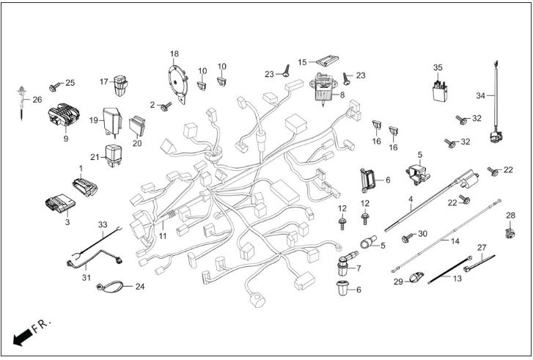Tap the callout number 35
point(438,67)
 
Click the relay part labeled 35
point(440,91)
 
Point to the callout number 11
point(163,235)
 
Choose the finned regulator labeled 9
point(64,114)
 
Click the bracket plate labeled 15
point(327,61)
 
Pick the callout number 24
point(140,287)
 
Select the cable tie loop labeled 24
point(109,286)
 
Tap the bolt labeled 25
point(54,87)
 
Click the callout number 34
point(480,96)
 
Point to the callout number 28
point(510,215)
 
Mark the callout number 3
point(67,222)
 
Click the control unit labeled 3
point(60,203)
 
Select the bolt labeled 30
point(407,238)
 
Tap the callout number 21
point(95,157)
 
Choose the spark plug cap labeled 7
point(345,263)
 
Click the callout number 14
point(455,241)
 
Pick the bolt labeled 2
point(166,107)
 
